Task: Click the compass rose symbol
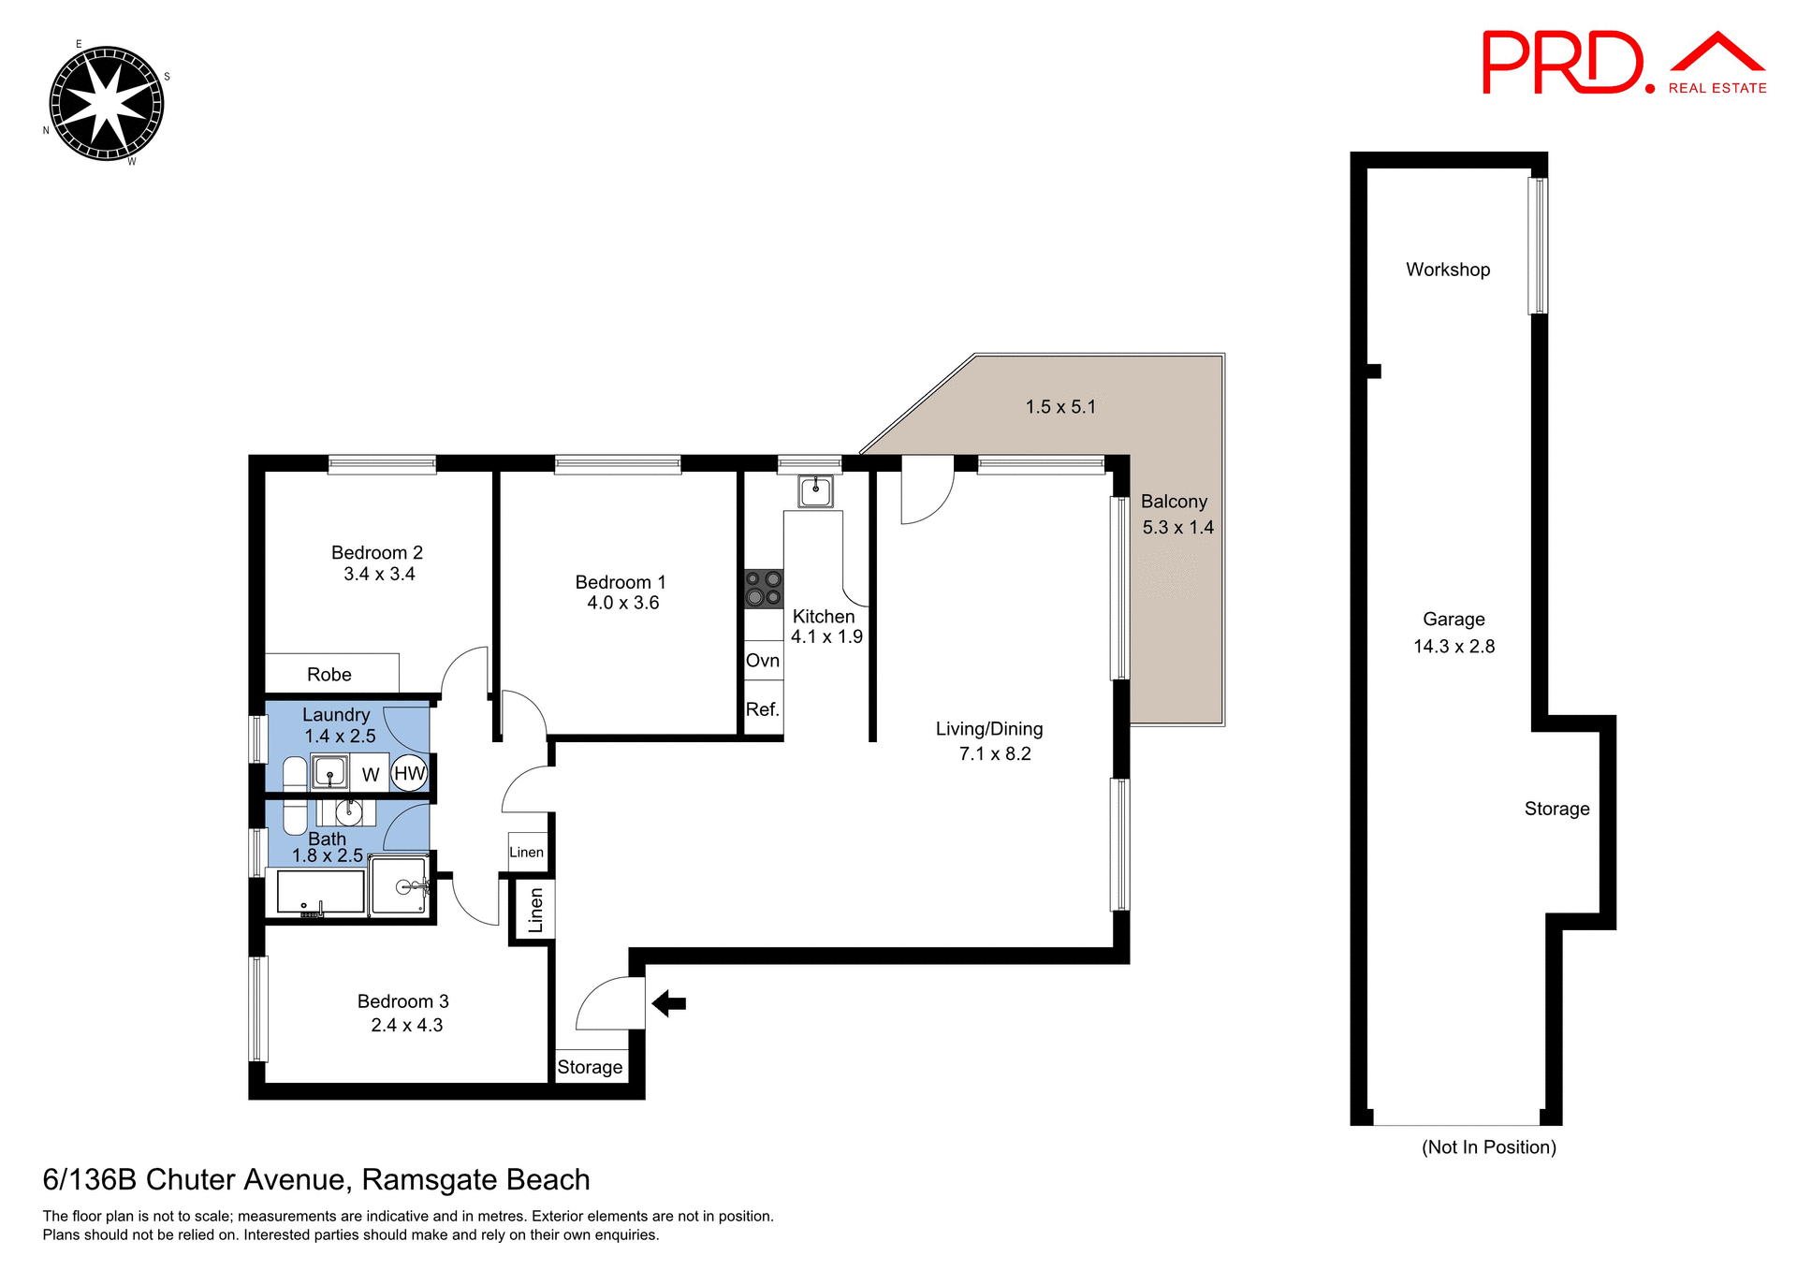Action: pos(106,104)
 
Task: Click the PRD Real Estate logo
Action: pos(1623,64)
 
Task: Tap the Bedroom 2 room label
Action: pos(377,553)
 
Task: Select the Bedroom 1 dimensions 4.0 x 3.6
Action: pos(622,604)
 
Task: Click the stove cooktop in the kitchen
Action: pos(763,589)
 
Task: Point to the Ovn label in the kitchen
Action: pos(763,661)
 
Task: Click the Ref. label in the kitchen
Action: pos(763,709)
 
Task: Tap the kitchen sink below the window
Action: pos(815,490)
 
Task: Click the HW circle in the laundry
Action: pos(409,773)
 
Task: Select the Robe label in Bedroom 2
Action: pos(329,675)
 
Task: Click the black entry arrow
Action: pos(668,1003)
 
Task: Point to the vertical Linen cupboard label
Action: pos(535,910)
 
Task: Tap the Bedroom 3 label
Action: pos(403,1001)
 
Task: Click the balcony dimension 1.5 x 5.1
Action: pos(1060,407)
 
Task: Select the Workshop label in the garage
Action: pos(1448,270)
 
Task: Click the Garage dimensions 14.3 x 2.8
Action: pos(1454,647)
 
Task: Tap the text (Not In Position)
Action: pos(1488,1147)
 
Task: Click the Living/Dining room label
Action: pos(989,729)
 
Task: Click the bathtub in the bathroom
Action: pos(320,892)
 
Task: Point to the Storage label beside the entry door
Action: pos(590,1067)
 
